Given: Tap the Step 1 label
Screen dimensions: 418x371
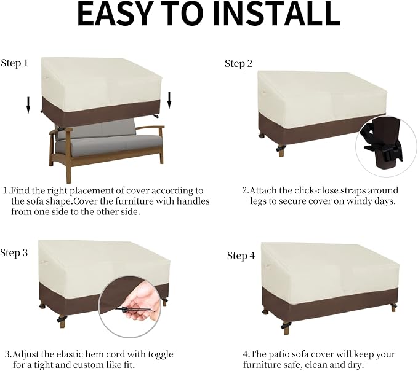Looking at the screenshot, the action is pos(14,63).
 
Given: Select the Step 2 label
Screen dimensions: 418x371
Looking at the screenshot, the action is pos(238,64).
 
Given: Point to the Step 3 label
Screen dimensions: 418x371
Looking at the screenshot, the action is pos(14,253).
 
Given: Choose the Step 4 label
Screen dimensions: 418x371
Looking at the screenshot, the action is pos(241,256).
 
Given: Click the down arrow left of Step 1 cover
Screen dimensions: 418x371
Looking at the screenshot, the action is pos(28,105).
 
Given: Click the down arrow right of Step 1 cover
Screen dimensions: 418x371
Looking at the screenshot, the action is pos(169,100).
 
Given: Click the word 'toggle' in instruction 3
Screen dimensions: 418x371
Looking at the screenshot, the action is pos(161,355).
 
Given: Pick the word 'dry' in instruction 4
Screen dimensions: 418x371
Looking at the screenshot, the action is pos(356,365).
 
